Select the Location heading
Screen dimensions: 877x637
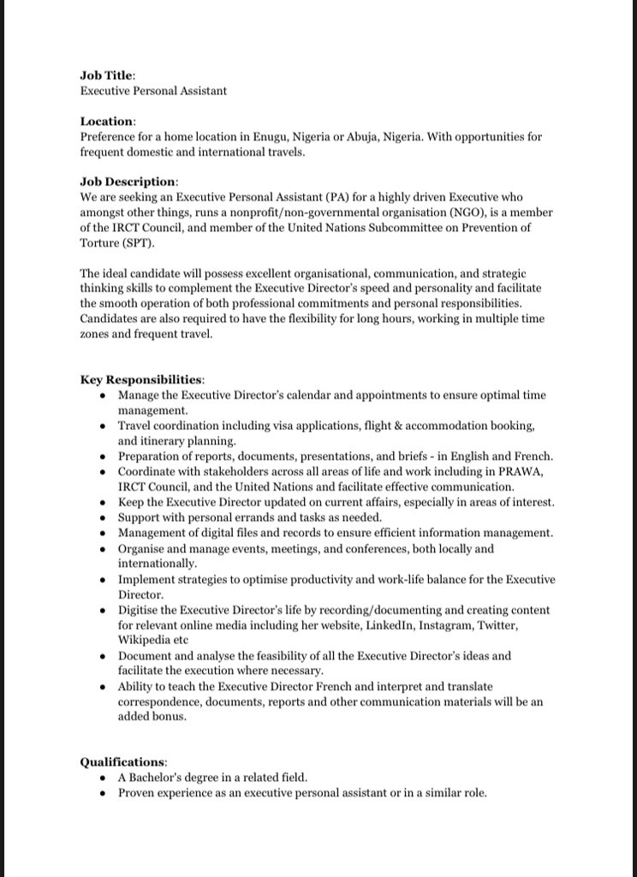[x=107, y=122]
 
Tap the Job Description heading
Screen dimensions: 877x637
[x=129, y=182]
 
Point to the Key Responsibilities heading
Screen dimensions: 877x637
[x=142, y=379]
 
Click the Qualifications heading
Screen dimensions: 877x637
[x=123, y=761]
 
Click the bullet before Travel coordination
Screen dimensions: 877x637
[x=103, y=426]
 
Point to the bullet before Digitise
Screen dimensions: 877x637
[x=103, y=611]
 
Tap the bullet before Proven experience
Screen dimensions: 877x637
[x=103, y=793]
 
